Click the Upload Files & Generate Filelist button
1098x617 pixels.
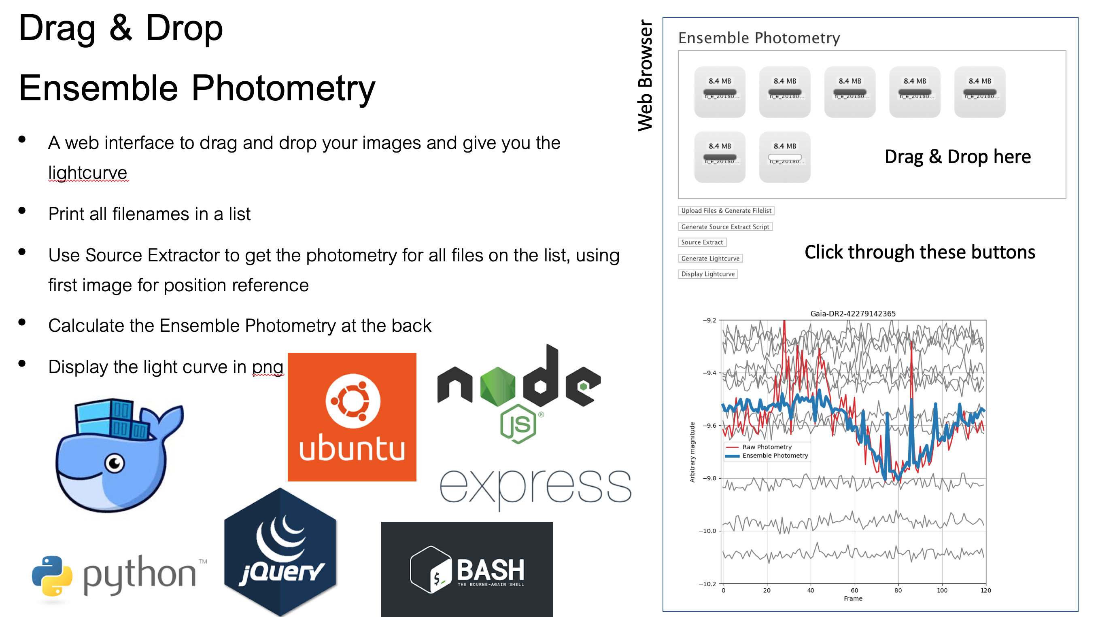(x=726, y=210)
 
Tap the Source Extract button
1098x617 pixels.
(x=702, y=242)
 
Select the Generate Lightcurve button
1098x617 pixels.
(x=710, y=258)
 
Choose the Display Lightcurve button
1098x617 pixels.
(x=707, y=274)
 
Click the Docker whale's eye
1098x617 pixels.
(x=115, y=462)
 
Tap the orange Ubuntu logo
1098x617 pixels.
(x=352, y=417)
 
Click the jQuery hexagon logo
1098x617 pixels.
(x=280, y=552)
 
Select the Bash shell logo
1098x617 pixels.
(x=466, y=569)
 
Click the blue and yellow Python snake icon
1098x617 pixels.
(x=52, y=575)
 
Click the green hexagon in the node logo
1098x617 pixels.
(x=497, y=386)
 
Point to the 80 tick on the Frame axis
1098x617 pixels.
(x=898, y=591)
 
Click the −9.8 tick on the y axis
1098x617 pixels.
(x=709, y=479)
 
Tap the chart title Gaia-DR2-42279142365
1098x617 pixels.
(x=852, y=314)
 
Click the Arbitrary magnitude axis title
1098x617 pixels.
(x=692, y=452)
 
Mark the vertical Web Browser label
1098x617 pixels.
(x=645, y=75)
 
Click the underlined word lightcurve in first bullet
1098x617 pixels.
(x=87, y=173)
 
